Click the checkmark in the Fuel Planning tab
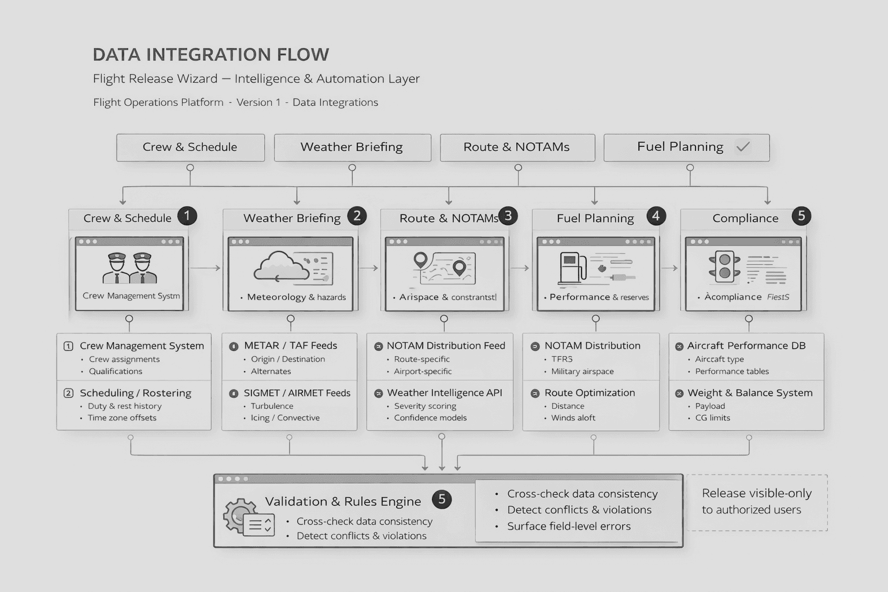[x=743, y=147]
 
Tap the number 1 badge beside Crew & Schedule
[x=187, y=216]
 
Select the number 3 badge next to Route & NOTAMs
[x=508, y=216]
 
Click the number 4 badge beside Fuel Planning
[x=656, y=216]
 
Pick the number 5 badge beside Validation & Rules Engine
[x=442, y=499]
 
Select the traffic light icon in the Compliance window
[x=724, y=267]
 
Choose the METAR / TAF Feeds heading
[x=290, y=346]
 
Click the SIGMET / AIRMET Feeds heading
[x=297, y=393]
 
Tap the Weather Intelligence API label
[x=444, y=393]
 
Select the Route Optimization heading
[x=589, y=393]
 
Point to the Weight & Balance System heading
[x=749, y=393]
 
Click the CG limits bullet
[x=712, y=418]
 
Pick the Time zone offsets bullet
[x=121, y=418]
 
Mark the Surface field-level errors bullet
[x=568, y=527]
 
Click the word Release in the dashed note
[x=723, y=494]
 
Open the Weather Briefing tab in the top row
[x=352, y=147]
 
